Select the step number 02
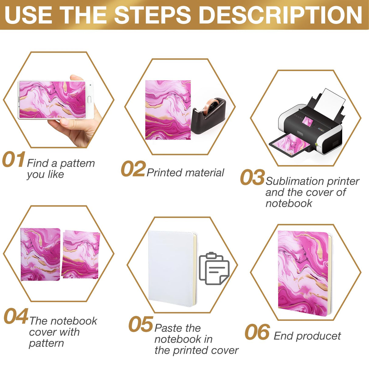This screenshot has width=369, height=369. pos(133,169)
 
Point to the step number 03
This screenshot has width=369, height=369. pos(252,178)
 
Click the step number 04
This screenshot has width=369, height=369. pos(16,316)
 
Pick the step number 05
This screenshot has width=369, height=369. pos(140,324)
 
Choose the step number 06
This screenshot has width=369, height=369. pos(257,332)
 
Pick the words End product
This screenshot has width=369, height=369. pos(307,336)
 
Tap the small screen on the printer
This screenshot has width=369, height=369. pos(307,122)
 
